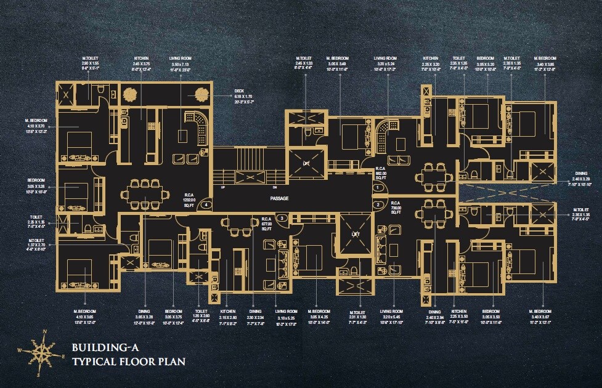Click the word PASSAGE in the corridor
pyautogui.click(x=279, y=198)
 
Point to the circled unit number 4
pyautogui.click(x=206, y=204)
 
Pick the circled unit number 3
pyautogui.click(x=282, y=218)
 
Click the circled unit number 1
pyautogui.click(x=377, y=187)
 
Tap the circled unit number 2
pyautogui.click(x=377, y=204)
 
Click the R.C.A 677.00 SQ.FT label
pyautogui.click(x=267, y=223)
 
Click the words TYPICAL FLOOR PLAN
pyautogui.click(x=128, y=361)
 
